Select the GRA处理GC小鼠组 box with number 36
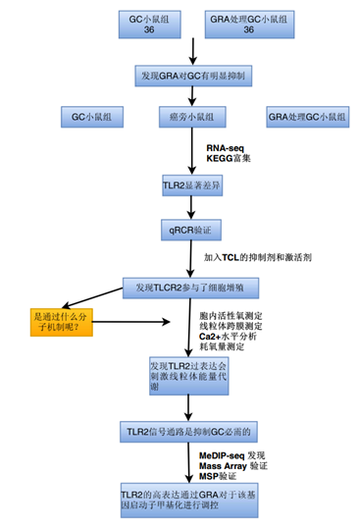[x=245, y=26]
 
